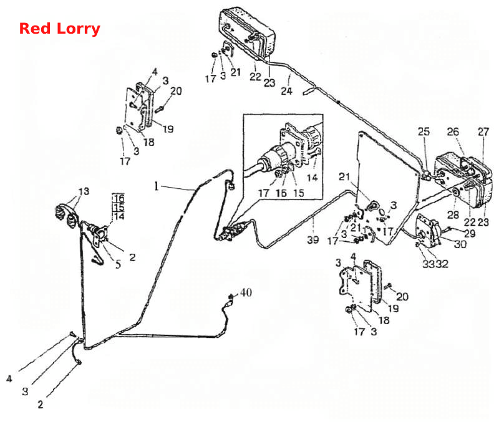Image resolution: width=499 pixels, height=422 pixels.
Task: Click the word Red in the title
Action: [x=35, y=28]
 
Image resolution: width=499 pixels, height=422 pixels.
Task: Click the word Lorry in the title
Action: [x=79, y=29]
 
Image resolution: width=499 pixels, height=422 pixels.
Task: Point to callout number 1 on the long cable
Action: [x=157, y=186]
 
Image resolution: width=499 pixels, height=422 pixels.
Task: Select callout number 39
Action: [x=313, y=239]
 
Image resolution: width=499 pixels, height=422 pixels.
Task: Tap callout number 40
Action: [x=246, y=292]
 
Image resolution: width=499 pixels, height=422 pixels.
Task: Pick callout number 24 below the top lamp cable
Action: [x=286, y=91]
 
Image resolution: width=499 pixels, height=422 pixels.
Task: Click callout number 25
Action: [x=424, y=132]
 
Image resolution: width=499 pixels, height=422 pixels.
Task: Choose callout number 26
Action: [x=453, y=132]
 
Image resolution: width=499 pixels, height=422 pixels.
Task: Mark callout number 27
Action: [x=483, y=132]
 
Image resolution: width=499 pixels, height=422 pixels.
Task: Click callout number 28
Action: [x=453, y=214]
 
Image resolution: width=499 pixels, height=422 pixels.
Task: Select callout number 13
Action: [x=84, y=191]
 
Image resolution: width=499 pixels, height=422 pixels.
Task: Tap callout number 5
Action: [x=118, y=264]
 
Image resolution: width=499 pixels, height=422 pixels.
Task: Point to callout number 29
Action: [x=470, y=233]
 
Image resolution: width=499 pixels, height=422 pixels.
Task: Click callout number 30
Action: [x=460, y=244]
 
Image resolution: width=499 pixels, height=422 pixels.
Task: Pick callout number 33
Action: [x=429, y=264]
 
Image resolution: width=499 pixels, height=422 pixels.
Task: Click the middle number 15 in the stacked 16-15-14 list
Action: [x=119, y=208]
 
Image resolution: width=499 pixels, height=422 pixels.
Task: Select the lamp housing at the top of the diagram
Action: [x=247, y=33]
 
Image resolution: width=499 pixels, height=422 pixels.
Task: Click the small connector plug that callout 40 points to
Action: [x=230, y=298]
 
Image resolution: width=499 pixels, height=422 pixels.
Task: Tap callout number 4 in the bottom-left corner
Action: [x=9, y=379]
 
